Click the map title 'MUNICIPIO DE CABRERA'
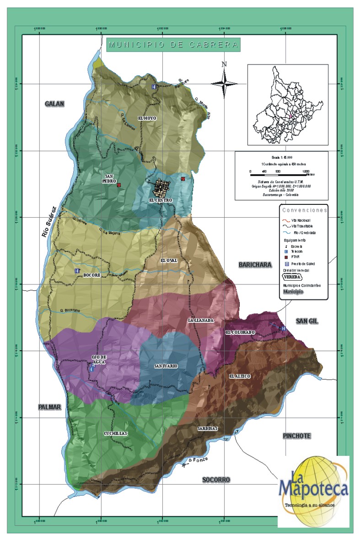tap(173, 45)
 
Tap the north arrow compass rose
tap(224, 82)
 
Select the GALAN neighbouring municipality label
tap(55, 104)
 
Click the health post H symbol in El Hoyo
tap(154, 86)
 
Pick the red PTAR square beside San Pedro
tap(118, 185)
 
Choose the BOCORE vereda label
tap(91, 275)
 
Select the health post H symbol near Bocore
tap(77, 271)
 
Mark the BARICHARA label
tap(255, 265)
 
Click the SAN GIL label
tap(306, 321)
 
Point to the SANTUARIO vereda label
tap(166, 366)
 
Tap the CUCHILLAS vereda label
tap(115, 433)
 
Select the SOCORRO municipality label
tap(216, 480)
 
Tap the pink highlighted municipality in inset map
tap(290, 116)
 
